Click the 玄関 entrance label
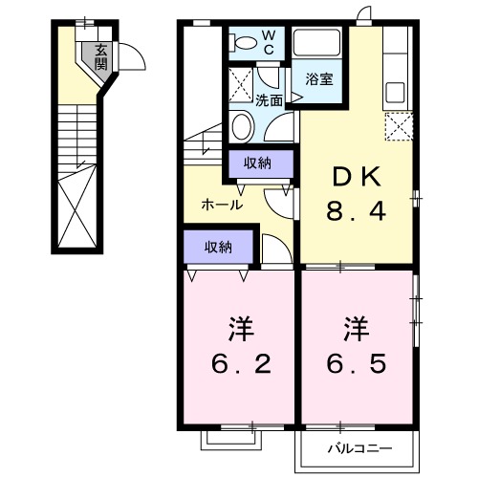pyautogui.click(x=100, y=58)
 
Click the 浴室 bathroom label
pyautogui.click(x=318, y=78)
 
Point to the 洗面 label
pyautogui.click(x=269, y=99)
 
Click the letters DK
pyautogui.click(x=358, y=177)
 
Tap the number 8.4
pyautogui.click(x=358, y=211)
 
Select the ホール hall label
pyautogui.click(x=221, y=205)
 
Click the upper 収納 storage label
pyautogui.click(x=256, y=163)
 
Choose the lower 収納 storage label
pyautogui.click(x=218, y=247)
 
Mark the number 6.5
pyautogui.click(x=358, y=364)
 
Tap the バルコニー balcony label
pyautogui.click(x=360, y=446)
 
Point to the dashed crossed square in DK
pyautogui.click(x=397, y=126)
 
